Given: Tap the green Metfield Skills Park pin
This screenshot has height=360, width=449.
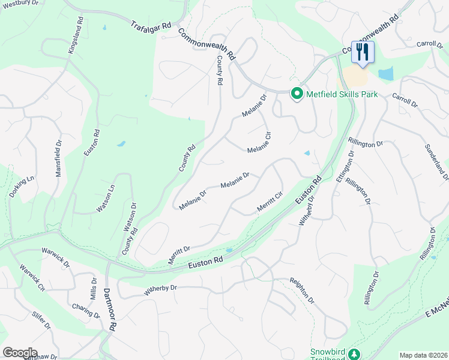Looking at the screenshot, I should point(297,94).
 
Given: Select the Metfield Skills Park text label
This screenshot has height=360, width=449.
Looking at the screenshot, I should point(342,94).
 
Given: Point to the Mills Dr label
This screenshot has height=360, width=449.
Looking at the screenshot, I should point(94,289).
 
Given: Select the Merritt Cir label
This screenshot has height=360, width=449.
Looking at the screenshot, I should point(270,200).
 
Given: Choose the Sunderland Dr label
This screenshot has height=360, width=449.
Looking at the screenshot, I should point(436,162).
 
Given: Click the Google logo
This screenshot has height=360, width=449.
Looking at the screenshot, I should point(20,353).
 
